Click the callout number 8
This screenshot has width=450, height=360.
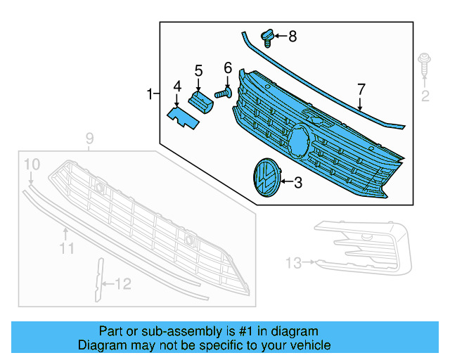pyautogui.click(x=292, y=35)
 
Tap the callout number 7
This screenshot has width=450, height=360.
pyautogui.click(x=361, y=89)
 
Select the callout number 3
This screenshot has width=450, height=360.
pyautogui.click(x=297, y=183)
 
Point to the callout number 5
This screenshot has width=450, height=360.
pyautogui.click(x=198, y=71)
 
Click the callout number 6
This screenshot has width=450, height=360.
pyautogui.click(x=228, y=68)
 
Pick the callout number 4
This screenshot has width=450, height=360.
pyautogui.click(x=177, y=86)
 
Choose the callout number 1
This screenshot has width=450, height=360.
pyautogui.click(x=149, y=94)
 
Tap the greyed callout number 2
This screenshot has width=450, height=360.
pyautogui.click(x=425, y=96)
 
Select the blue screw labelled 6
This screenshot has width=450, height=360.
pyautogui.click(x=224, y=93)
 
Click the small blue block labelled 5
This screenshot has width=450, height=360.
pyautogui.click(x=201, y=102)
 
